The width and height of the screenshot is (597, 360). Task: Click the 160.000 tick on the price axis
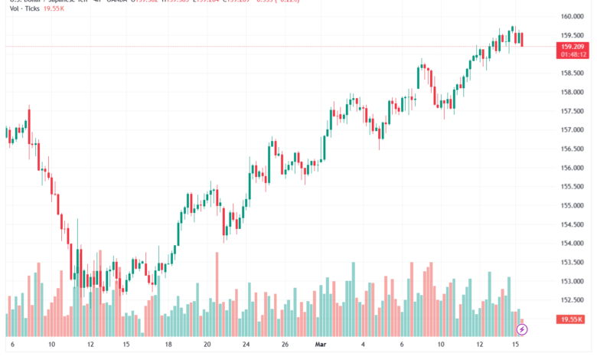tap(573, 16)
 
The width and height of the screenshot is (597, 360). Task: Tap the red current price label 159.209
tap(573, 47)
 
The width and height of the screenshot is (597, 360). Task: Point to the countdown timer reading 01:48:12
tap(573, 54)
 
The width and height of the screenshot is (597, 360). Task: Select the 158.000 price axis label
tap(573, 92)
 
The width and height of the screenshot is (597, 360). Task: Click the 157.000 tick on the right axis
tap(573, 130)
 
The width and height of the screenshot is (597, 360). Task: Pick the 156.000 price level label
tap(573, 168)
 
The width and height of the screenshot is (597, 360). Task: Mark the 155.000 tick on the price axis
tap(573, 206)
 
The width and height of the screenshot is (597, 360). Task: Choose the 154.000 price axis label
tap(573, 244)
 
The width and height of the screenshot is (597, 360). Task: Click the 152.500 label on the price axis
tap(573, 301)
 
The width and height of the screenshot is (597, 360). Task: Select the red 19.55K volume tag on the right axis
tap(573, 319)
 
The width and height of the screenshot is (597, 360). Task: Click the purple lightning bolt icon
tap(522, 329)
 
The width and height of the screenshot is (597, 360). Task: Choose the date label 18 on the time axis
tap(167, 345)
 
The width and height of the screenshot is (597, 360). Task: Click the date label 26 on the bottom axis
tap(284, 345)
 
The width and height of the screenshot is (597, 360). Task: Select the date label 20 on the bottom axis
tap(207, 345)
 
